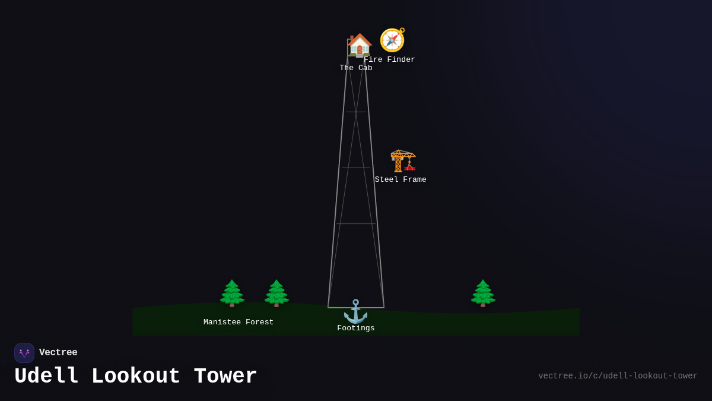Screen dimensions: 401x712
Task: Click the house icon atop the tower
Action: pyautogui.click(x=360, y=45)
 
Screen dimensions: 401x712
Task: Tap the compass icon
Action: pyautogui.click(x=392, y=40)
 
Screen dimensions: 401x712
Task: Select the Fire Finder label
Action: pyautogui.click(x=389, y=60)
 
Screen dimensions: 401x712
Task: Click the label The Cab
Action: pyautogui.click(x=356, y=68)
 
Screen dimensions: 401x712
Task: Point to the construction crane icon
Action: pyautogui.click(x=403, y=160)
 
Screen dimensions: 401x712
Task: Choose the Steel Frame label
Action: pyautogui.click(x=401, y=180)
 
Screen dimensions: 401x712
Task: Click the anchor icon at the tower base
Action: pyautogui.click(x=355, y=311)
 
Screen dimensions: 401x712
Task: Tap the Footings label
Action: pyautogui.click(x=356, y=329)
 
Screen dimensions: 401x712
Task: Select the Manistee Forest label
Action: pyautogui.click(x=239, y=323)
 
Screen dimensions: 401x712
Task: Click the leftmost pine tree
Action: pyautogui.click(x=232, y=293)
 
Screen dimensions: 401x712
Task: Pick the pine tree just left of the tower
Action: pyautogui.click(x=276, y=293)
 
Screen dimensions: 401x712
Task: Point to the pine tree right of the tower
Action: pyautogui.click(x=483, y=293)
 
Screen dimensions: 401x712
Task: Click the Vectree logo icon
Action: pyautogui.click(x=24, y=353)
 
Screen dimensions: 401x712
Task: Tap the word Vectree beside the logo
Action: pyautogui.click(x=58, y=353)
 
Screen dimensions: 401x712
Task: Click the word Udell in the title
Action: pyautogui.click(x=47, y=377)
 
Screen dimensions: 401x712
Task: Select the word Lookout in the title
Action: pyautogui.click(x=136, y=377)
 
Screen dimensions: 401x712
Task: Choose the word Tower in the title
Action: pyautogui.click(x=225, y=377)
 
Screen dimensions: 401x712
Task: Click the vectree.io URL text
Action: pyautogui.click(x=618, y=376)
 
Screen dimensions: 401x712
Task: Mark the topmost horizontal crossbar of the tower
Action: pyautogui.click(x=356, y=112)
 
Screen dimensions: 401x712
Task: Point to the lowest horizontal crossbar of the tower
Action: pyautogui.click(x=356, y=224)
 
